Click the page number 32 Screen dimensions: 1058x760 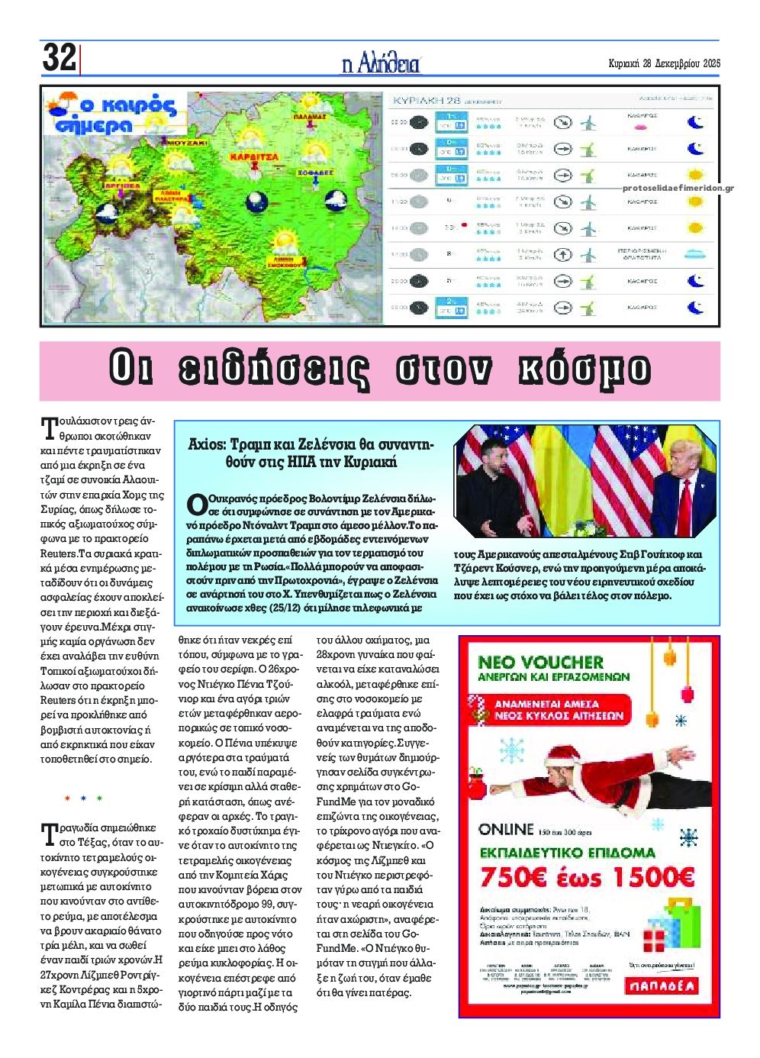point(59,57)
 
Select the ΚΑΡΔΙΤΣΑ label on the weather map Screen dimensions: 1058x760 point(254,157)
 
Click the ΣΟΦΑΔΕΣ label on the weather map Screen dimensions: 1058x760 point(316,173)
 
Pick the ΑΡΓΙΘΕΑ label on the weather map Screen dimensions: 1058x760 point(122,185)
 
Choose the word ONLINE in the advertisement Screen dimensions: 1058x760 point(506,829)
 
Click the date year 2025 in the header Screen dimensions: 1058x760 point(710,64)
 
